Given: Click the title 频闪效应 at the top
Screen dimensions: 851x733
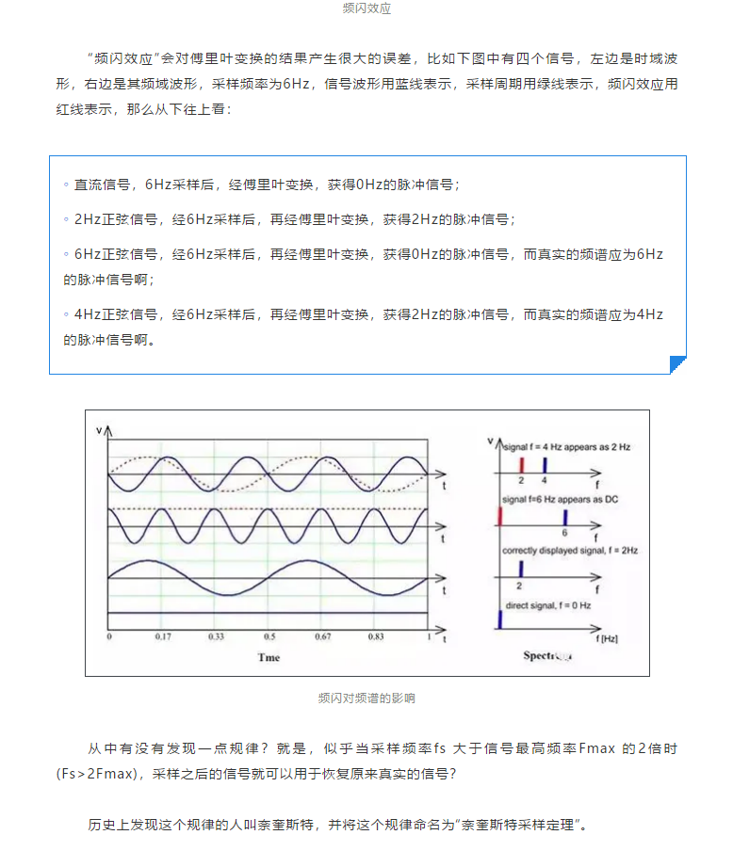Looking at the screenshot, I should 366,8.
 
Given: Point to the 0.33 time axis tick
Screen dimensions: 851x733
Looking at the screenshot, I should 217,637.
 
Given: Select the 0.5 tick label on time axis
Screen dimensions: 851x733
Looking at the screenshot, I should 269,637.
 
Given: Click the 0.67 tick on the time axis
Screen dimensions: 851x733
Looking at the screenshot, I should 322,637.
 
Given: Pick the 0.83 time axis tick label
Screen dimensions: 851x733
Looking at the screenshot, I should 376,637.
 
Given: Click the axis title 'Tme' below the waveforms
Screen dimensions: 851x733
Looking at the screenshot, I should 269,656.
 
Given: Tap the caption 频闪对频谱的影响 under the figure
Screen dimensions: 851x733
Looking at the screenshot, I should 366,698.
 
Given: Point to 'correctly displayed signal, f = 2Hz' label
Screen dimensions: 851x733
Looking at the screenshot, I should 569,551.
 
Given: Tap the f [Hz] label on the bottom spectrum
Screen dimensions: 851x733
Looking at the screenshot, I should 609,637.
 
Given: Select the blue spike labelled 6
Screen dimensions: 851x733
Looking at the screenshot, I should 564,517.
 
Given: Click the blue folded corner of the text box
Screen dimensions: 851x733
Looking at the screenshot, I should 677,365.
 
